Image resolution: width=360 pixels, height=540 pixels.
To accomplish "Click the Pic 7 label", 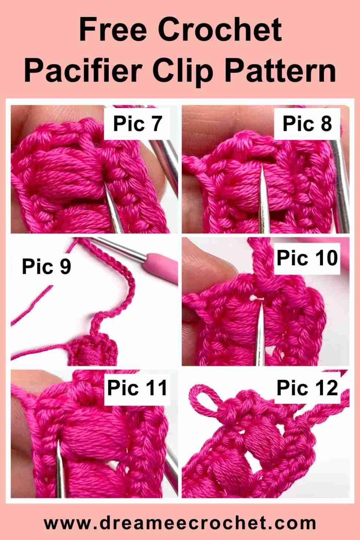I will [x=137, y=123].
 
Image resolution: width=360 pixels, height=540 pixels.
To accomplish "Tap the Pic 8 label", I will [x=307, y=123].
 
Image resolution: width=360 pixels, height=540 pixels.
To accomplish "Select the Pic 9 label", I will [x=47, y=266].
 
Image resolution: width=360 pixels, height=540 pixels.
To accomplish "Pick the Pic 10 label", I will [x=307, y=258].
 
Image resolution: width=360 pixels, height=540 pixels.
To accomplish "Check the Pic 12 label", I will [x=307, y=388].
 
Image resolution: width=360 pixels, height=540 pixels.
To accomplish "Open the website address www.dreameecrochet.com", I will [x=180, y=522].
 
